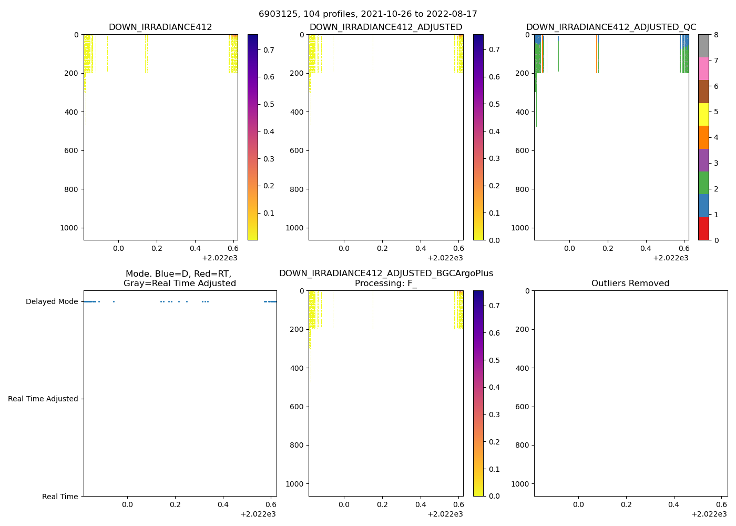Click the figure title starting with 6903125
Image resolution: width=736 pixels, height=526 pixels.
coord(368,14)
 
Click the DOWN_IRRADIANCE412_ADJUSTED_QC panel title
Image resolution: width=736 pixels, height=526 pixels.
coord(611,27)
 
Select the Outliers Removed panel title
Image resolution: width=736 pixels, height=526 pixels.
coord(630,284)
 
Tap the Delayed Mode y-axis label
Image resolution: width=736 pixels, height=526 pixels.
coord(52,302)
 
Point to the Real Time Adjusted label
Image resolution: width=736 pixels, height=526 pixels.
coord(43,399)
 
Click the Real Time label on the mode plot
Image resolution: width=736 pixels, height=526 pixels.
coord(60,497)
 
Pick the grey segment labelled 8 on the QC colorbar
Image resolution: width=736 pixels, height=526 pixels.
coord(703,46)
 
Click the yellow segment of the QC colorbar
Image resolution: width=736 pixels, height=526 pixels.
coord(703,114)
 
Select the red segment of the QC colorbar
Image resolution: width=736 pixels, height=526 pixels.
coord(703,229)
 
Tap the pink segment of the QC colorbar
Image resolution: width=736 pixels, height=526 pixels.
coord(703,68)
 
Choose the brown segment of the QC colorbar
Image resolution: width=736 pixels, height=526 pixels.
coord(703,92)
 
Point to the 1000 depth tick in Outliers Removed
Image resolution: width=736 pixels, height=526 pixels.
coord(519,484)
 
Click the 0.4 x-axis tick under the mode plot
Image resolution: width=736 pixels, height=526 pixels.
coord(223,504)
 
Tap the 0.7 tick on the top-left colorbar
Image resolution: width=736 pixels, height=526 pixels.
coord(269,50)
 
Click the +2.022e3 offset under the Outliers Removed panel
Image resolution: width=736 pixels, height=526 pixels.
coord(709,514)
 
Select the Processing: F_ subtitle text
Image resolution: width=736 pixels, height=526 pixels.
coord(386,284)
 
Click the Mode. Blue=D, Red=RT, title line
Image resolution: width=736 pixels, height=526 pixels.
coord(179,274)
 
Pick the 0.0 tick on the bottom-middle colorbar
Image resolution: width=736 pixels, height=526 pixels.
coord(494,496)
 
